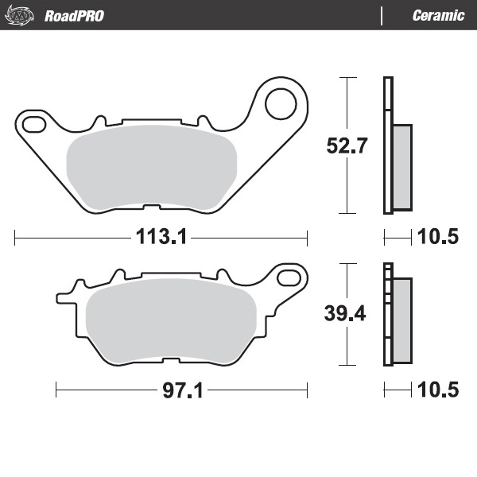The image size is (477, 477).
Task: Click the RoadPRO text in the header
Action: (x=74, y=15)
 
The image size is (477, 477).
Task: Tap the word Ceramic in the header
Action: (x=438, y=15)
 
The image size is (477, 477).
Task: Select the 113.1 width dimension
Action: (x=161, y=236)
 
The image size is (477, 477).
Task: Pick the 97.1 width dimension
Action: (x=181, y=390)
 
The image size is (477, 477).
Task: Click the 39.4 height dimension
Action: (x=344, y=313)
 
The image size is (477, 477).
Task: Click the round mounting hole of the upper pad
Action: (x=280, y=101)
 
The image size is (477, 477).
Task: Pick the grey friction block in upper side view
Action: (x=402, y=167)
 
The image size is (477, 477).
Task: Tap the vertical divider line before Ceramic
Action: (x=382, y=15)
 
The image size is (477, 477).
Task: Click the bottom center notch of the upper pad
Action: (x=149, y=208)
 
